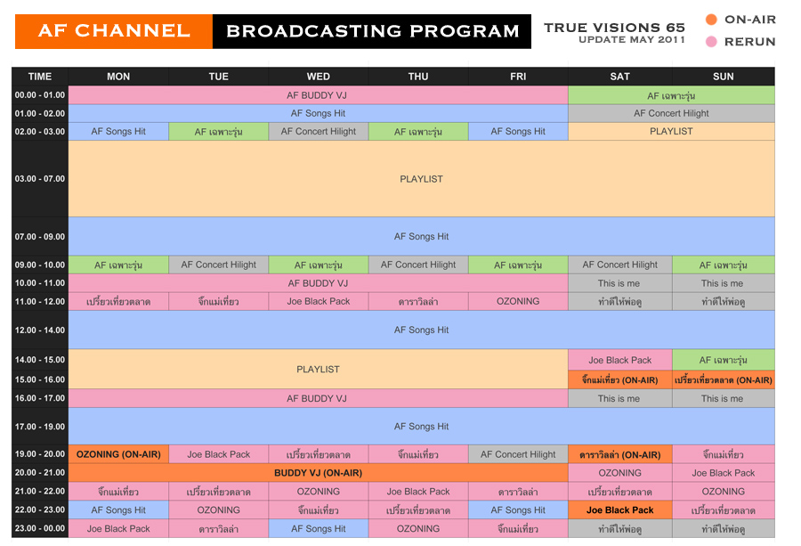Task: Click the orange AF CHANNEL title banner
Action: (x=114, y=31)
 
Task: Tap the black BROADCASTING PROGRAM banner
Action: (x=372, y=31)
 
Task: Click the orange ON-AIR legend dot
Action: (x=711, y=20)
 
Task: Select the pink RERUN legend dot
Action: (x=711, y=42)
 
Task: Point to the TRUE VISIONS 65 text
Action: (x=614, y=28)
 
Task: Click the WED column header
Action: (x=319, y=77)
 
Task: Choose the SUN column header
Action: (x=723, y=77)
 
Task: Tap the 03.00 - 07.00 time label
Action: (x=40, y=179)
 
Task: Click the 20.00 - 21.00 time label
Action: (x=40, y=473)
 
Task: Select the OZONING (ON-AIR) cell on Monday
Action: (x=118, y=454)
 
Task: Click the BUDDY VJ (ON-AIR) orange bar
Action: (x=319, y=473)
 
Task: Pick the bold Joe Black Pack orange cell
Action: (x=619, y=510)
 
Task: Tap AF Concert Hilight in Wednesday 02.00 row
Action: (x=319, y=132)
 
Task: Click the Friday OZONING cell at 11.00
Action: (x=518, y=301)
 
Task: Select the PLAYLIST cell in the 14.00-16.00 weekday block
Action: (x=319, y=369)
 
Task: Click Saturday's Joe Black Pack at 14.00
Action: (x=619, y=360)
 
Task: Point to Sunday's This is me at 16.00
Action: (x=723, y=398)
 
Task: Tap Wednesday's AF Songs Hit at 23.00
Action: (x=319, y=528)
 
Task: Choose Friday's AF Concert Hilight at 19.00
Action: (x=518, y=454)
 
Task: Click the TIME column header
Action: (x=40, y=77)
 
